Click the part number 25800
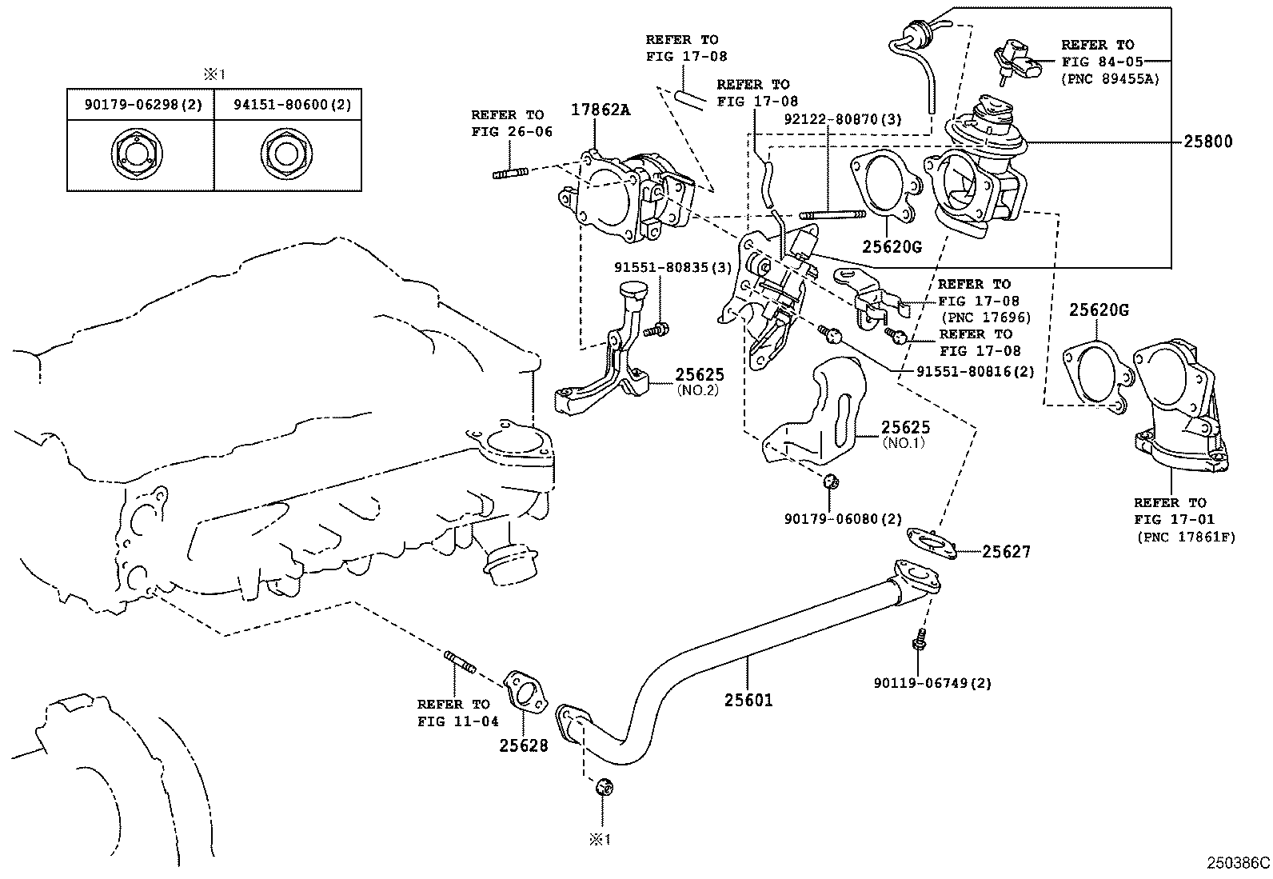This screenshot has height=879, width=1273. coord(1207,141)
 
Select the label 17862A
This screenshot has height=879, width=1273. coord(601,110)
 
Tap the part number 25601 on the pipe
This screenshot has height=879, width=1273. coord(748,700)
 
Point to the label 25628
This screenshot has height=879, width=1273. coord(524,745)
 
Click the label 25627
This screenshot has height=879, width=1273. coord(1006,552)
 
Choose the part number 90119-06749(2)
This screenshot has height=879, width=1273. coord(932,682)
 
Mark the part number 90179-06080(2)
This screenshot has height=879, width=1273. coord(844,519)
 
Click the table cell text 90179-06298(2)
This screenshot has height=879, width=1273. coord(143,105)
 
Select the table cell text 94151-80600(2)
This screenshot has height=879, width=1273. coord(292,105)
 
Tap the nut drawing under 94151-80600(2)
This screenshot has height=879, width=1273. coord(286,154)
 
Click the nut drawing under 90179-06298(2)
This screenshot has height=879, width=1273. coord(137,154)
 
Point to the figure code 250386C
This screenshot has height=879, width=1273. coord(1238,862)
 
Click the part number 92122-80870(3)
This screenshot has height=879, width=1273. coord(843,119)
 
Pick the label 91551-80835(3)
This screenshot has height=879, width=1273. coord(672,267)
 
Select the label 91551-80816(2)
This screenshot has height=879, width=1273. coord(976,372)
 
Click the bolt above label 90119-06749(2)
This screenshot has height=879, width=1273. coord(919,640)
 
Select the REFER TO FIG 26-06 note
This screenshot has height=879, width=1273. coord(512,123)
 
